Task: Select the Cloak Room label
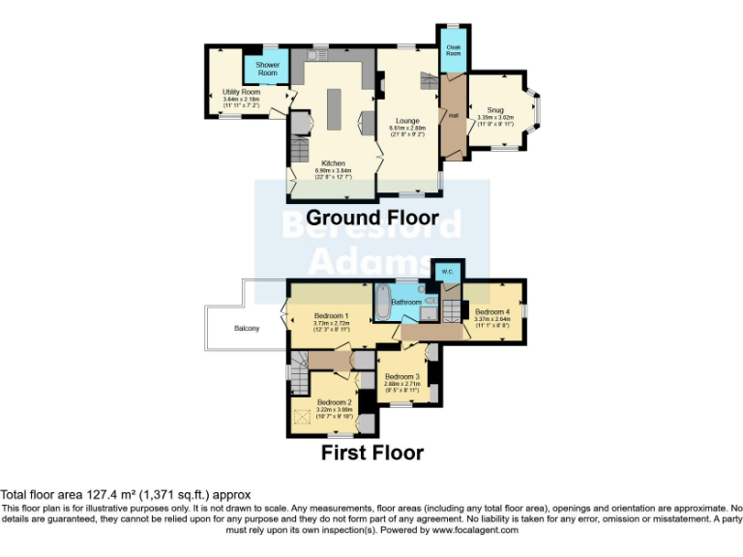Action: click(452, 49)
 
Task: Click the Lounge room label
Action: click(406, 121)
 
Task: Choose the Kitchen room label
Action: click(332, 164)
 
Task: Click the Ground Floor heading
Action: click(371, 218)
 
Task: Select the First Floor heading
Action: click(372, 452)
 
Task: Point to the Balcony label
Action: click(247, 329)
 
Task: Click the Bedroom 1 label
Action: click(332, 316)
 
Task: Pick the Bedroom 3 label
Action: click(401, 376)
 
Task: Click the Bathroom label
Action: click(406, 303)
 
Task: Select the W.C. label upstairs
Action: click(447, 272)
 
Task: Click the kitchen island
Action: click(335, 109)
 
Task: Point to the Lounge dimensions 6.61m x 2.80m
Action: click(406, 128)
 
